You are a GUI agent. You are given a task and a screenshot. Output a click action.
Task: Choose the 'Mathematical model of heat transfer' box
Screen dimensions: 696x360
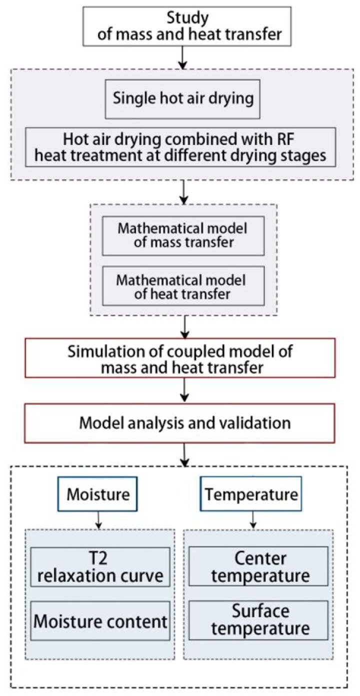pyautogui.click(x=183, y=286)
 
